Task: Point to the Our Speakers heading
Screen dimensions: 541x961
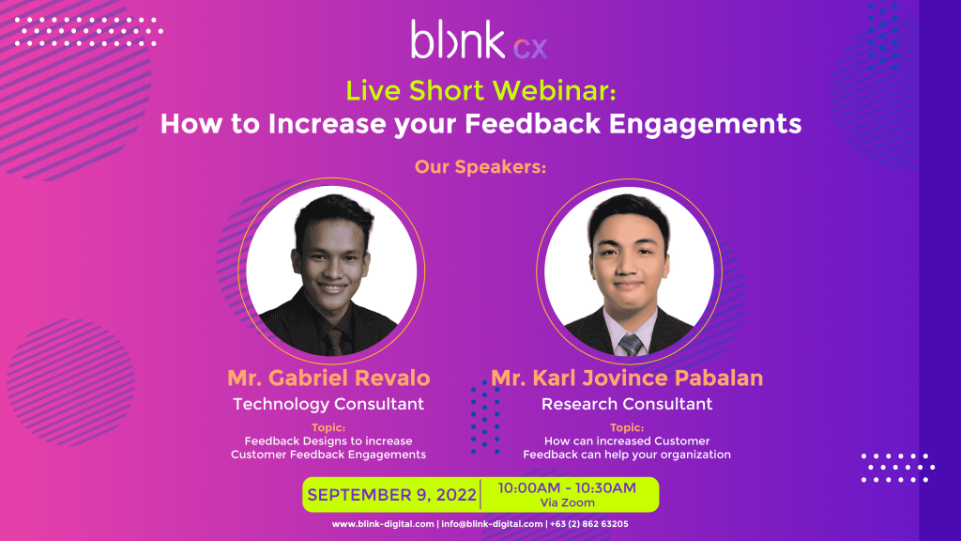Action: click(x=480, y=167)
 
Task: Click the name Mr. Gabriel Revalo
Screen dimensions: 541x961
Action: click(x=328, y=379)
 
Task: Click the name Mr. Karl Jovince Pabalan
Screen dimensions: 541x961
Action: click(x=627, y=379)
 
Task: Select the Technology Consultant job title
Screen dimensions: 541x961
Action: click(x=328, y=404)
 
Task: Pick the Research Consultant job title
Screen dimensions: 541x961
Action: click(x=627, y=404)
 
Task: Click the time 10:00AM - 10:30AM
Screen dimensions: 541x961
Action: click(x=567, y=487)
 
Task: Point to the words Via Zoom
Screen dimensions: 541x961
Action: click(x=567, y=503)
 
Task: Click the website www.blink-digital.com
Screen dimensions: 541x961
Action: click(x=383, y=524)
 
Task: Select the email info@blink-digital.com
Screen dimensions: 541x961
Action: click(x=491, y=524)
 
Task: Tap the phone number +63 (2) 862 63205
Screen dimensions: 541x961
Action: click(x=589, y=524)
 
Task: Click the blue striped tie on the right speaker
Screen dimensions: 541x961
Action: click(x=631, y=345)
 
